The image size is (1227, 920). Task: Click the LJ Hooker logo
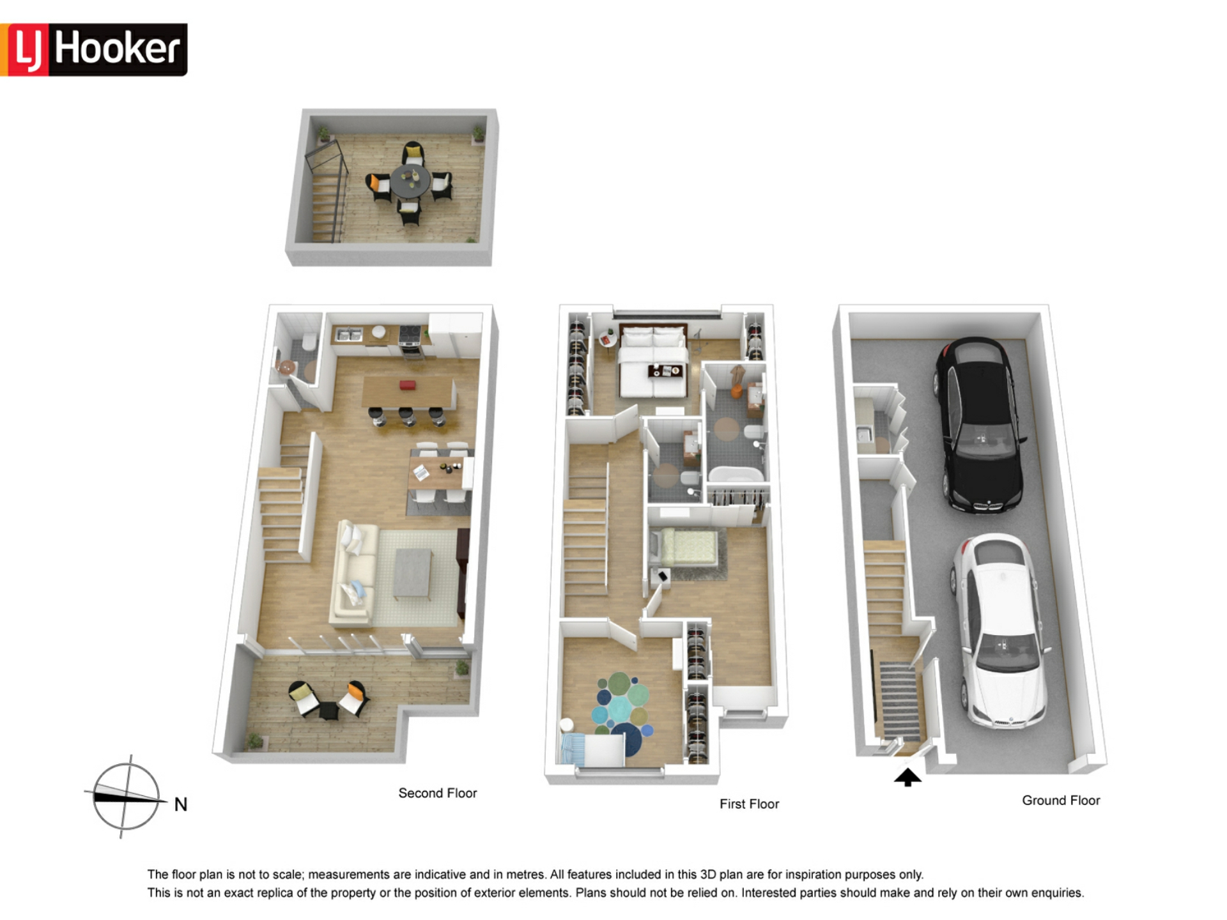click(x=93, y=50)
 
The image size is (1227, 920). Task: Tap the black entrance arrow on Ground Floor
click(x=907, y=777)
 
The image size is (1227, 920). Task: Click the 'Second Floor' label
click(x=438, y=793)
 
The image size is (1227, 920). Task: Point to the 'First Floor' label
click(x=749, y=804)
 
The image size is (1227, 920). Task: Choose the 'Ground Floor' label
click(x=1061, y=800)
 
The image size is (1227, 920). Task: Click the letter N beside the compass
click(x=181, y=804)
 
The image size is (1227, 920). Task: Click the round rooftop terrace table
click(x=411, y=181)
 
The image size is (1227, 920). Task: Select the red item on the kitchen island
click(x=408, y=385)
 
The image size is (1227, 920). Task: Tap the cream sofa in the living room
click(x=353, y=572)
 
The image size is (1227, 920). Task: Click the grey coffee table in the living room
click(x=413, y=574)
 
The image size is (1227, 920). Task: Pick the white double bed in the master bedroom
click(x=652, y=362)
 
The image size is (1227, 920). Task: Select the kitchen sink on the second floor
click(x=349, y=334)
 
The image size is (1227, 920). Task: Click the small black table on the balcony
click(x=328, y=709)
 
